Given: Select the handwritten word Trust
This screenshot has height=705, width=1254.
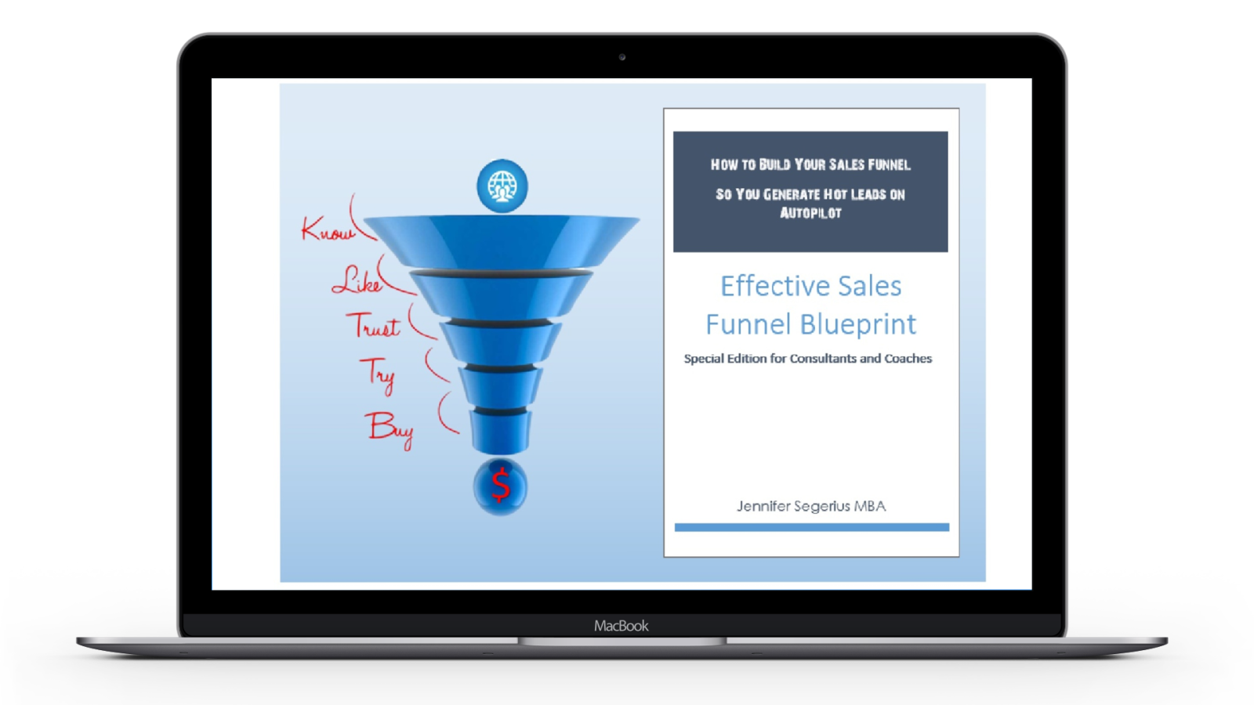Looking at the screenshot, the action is pos(373,325).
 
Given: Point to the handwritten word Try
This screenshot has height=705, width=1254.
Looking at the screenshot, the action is pos(379,374).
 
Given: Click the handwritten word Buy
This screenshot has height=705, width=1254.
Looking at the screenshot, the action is pos(390,429).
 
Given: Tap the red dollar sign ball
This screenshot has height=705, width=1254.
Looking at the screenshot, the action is pos(501,486).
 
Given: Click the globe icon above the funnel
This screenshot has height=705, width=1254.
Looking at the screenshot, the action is pos(502,186).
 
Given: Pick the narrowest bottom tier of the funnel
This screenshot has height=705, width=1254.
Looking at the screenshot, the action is pos(501,432).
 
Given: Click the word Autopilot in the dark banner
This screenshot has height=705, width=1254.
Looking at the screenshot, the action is pos(810,213).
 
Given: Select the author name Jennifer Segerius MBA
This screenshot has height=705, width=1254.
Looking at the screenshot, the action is pos(811,506).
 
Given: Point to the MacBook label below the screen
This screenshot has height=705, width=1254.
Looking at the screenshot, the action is pos(622,626).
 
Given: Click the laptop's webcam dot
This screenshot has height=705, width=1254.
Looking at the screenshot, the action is pos(622,57).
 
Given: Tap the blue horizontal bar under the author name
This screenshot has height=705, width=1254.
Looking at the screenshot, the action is pos(812,527).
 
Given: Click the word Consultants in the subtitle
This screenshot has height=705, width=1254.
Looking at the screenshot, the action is pos(823,359).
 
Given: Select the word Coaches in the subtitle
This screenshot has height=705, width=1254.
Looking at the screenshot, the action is pos(908,359).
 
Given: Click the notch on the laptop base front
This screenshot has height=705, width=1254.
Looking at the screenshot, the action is pos(622,642).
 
